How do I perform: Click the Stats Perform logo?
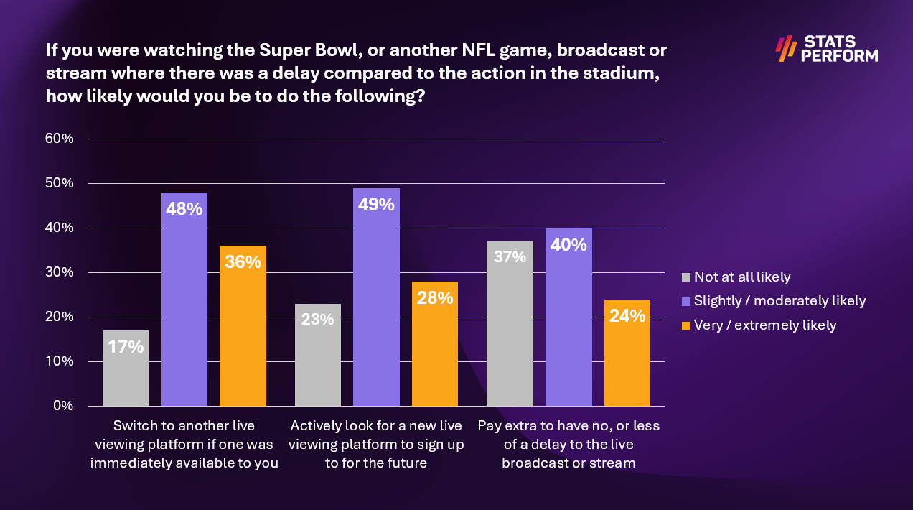pos(826,48)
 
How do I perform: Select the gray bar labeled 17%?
pos(126,368)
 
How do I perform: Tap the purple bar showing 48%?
pos(184,299)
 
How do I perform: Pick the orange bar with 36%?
pos(243,325)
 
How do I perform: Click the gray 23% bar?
pos(318,355)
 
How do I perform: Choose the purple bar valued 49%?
pos(376,297)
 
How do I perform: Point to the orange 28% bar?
pos(435,343)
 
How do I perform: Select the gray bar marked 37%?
pos(510,323)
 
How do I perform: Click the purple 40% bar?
pos(568,317)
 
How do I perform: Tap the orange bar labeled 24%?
pos(627,352)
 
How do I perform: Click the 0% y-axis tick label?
pos(64,406)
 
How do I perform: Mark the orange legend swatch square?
pos(685,325)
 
